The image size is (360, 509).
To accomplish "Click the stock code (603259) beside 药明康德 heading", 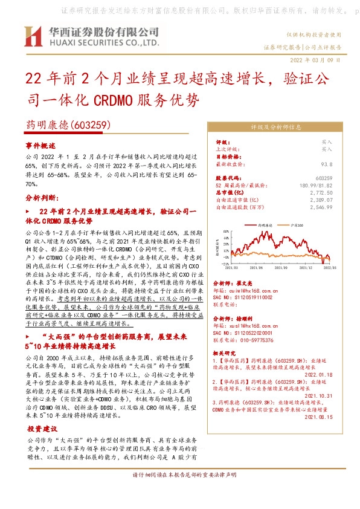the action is [x=89, y=125].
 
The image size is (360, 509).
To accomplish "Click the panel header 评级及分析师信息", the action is [x=275, y=128].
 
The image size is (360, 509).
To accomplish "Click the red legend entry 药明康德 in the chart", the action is [x=266, y=224].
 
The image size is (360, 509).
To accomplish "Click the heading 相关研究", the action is [x=227, y=352].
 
